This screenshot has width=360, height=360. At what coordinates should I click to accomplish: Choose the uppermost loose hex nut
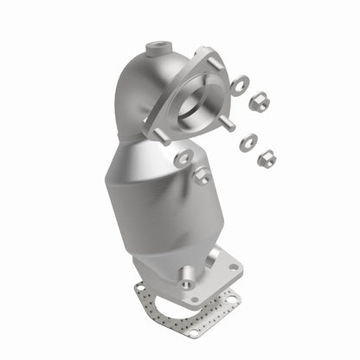tap(259, 102)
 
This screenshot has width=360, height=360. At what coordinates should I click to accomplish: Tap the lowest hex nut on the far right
tap(267, 158)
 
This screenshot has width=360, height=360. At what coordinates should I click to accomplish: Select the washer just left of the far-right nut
tap(247, 141)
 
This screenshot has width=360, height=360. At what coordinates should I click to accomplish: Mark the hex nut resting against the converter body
tap(202, 176)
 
